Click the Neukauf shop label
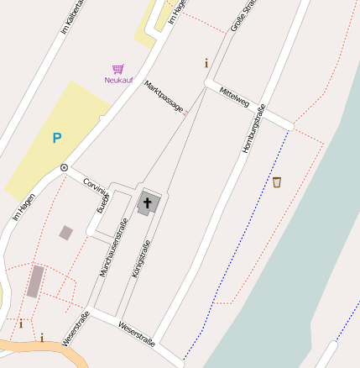click(x=118, y=80)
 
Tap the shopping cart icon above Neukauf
click(x=118, y=69)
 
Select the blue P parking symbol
click(x=57, y=138)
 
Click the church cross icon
click(x=149, y=202)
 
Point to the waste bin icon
click(x=277, y=181)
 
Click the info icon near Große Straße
click(x=206, y=62)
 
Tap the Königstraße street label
click(x=141, y=260)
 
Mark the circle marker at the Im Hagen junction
click(x=64, y=168)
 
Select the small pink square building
click(x=66, y=232)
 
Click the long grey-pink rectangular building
click(x=34, y=281)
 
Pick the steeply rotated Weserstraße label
click(x=76, y=328)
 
